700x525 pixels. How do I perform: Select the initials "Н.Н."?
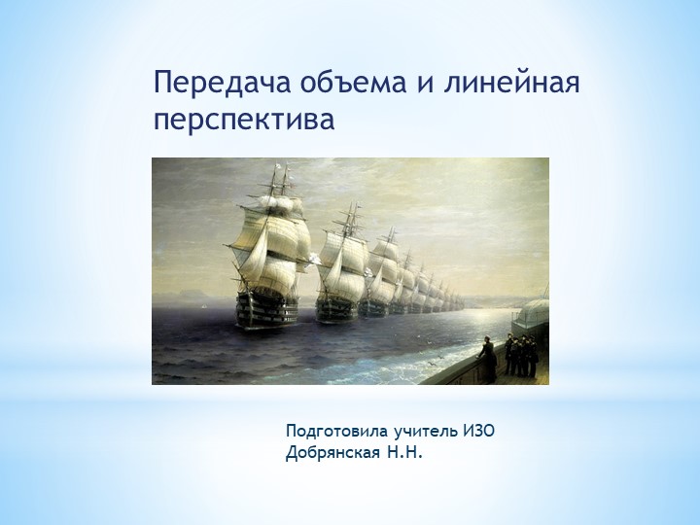click(x=407, y=452)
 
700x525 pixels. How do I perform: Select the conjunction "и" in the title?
click(x=424, y=84)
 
